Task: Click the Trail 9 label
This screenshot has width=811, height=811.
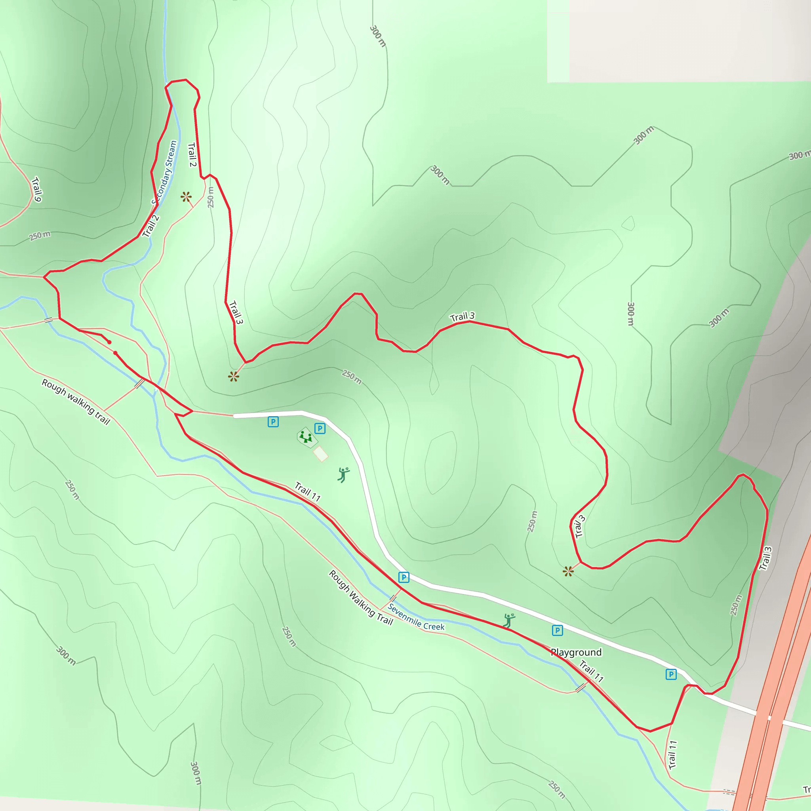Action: [36, 189]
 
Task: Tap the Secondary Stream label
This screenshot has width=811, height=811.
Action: [165, 172]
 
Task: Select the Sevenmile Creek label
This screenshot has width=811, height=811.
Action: [415, 617]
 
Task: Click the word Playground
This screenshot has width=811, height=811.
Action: [576, 652]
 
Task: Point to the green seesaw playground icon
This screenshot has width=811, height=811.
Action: [306, 437]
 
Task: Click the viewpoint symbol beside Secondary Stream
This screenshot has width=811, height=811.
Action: [186, 196]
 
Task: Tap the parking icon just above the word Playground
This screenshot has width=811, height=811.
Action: [557, 630]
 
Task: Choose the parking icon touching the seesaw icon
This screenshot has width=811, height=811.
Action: [320, 428]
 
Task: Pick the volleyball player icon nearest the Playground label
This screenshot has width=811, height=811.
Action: [509, 621]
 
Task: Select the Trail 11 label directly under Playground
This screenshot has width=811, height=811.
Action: [592, 671]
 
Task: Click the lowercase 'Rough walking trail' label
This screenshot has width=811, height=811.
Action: [76, 402]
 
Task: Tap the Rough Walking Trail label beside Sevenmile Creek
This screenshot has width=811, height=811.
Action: [361, 598]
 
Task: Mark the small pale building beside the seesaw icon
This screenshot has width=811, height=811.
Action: [321, 454]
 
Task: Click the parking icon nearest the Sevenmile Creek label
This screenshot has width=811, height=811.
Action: [404, 578]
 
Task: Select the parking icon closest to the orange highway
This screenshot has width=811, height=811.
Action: [671, 674]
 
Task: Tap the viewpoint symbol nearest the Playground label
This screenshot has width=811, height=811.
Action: [568, 571]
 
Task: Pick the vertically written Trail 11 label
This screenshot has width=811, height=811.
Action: [672, 754]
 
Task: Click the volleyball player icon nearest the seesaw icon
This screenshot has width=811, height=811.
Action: [343, 475]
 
